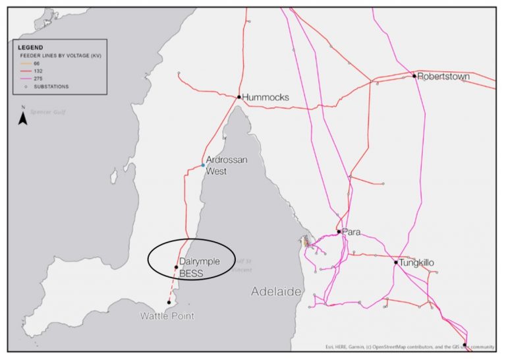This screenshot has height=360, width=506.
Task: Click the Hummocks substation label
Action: (x=266, y=98)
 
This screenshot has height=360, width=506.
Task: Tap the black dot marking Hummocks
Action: (x=239, y=97)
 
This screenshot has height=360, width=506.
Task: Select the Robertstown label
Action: (x=443, y=76)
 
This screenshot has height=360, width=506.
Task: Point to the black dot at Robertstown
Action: (x=414, y=76)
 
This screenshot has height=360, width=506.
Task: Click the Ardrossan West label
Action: (x=226, y=165)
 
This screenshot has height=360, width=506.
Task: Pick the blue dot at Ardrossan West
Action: (x=203, y=165)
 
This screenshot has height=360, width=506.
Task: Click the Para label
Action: (x=351, y=231)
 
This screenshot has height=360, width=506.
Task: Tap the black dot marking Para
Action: (x=339, y=231)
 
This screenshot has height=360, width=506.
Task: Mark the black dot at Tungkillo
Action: (x=396, y=262)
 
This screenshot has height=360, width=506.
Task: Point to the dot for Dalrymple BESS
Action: (x=177, y=267)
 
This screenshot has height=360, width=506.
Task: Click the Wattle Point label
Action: (x=167, y=316)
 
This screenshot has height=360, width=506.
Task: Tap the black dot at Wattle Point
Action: (x=169, y=303)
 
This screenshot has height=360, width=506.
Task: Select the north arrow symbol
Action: (x=22, y=119)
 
